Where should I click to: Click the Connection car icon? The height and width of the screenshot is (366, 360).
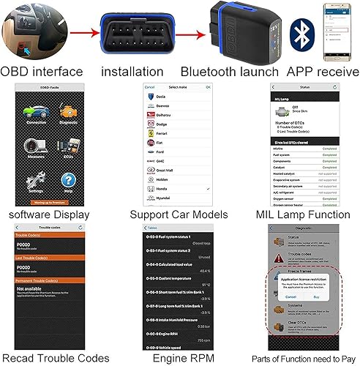point(35,115)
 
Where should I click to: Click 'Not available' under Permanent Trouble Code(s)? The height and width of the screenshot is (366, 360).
point(29,290)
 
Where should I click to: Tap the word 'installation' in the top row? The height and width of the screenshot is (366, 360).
point(132,72)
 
